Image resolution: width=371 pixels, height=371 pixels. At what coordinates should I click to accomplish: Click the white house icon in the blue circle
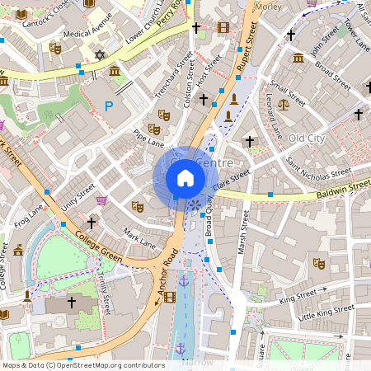click(185, 177)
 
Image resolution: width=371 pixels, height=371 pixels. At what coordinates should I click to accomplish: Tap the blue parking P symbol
click(110, 106)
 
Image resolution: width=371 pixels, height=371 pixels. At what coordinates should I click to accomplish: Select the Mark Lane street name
click(138, 237)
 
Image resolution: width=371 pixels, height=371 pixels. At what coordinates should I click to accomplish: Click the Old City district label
click(307, 137)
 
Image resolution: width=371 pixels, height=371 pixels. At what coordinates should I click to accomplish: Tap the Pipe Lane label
click(148, 136)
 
